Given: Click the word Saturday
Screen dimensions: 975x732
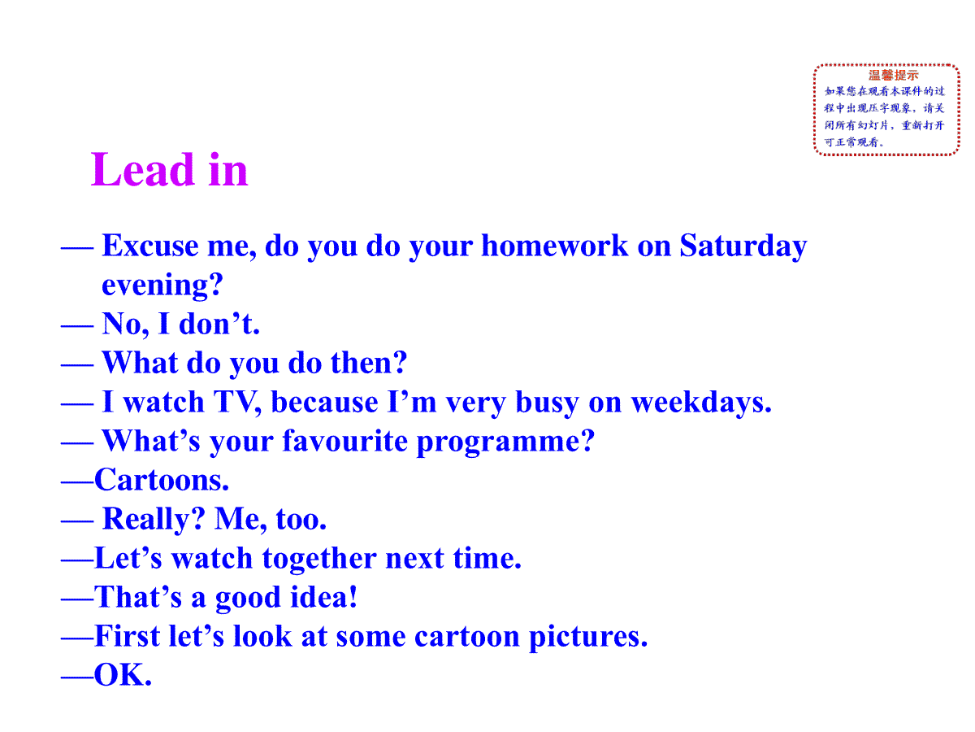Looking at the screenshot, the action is (x=743, y=246).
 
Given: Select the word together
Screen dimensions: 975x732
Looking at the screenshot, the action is (x=319, y=559).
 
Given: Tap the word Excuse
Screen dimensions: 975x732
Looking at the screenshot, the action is (x=150, y=246).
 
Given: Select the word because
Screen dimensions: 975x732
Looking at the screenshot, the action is (x=324, y=402).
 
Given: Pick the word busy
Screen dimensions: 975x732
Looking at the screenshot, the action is (x=547, y=403).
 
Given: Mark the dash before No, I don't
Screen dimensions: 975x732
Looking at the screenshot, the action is (x=77, y=327).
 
